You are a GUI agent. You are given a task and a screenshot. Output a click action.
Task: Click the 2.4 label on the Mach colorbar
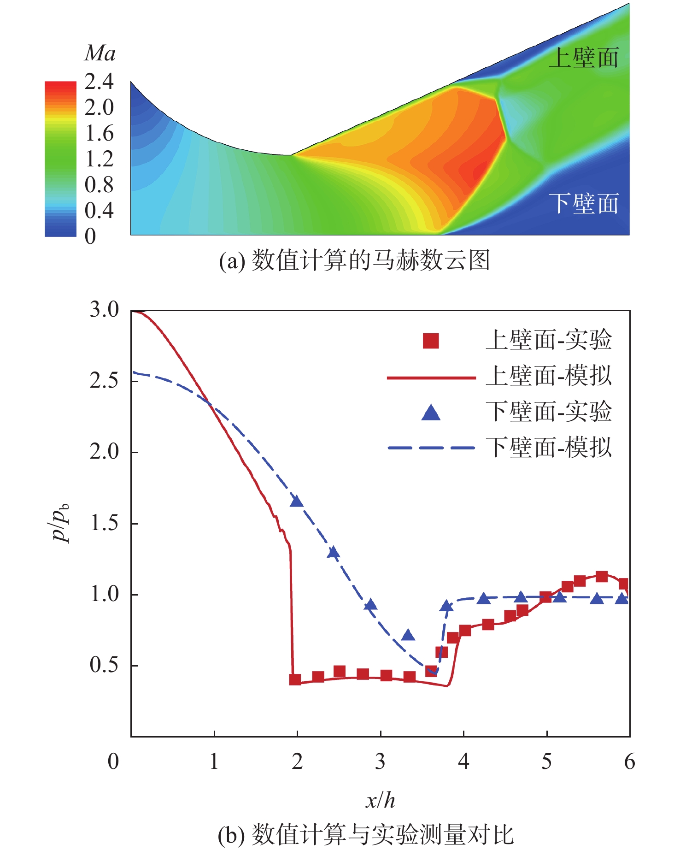99,82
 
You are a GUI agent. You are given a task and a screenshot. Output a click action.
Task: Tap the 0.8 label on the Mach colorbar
99,185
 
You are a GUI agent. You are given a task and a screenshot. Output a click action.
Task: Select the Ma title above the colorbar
100,53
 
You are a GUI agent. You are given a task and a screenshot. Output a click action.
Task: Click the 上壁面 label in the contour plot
584,59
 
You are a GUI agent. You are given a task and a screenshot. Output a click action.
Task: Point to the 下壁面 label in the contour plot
584,203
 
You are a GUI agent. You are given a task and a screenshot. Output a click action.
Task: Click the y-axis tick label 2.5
104,381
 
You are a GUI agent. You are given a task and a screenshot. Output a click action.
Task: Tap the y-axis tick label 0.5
104,665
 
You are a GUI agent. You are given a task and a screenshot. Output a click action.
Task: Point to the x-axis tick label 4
463,761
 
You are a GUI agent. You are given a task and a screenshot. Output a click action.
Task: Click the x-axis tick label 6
629,761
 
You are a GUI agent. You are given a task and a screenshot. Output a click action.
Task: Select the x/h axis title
381,801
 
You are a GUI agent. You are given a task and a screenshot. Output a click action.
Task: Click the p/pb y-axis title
61,523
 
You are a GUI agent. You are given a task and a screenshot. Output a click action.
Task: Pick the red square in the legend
431,341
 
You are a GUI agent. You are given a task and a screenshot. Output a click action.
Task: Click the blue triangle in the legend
431,413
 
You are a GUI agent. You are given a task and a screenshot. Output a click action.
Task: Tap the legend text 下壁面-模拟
548,448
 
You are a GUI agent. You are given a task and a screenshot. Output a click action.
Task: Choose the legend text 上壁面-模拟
548,376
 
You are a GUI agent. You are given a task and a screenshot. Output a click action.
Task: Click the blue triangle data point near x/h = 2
297,502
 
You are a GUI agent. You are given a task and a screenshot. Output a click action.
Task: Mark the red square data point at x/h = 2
295,679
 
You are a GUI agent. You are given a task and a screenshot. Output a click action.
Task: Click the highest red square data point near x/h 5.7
601,576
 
